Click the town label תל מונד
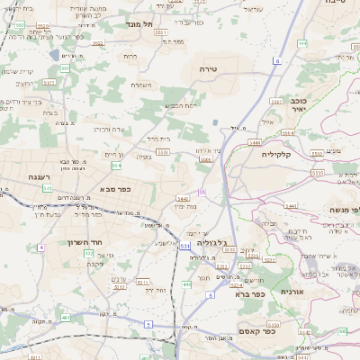click(139, 24)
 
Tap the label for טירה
click(210, 68)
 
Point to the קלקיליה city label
click(285, 153)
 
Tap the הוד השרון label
click(87, 241)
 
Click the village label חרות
click(130, 56)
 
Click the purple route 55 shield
click(203, 192)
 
